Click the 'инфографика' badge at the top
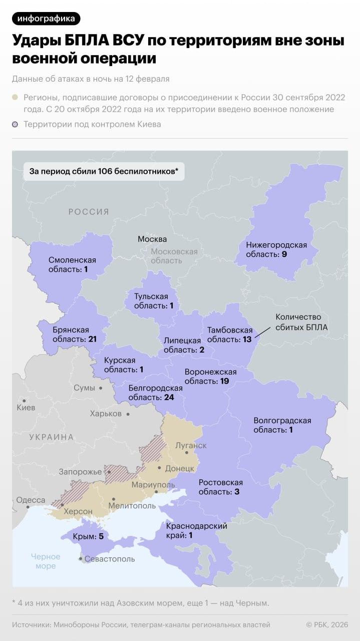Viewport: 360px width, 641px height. [x=46, y=19]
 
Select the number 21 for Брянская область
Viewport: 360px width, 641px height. [x=92, y=339]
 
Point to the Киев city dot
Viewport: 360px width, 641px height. [x=24, y=400]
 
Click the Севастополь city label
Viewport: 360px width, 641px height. [x=110, y=558]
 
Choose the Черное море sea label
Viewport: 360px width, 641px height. [x=46, y=561]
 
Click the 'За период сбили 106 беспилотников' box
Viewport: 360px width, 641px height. [x=104, y=171]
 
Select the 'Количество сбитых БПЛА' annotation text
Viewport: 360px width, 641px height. [x=298, y=322]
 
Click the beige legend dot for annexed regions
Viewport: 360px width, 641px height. [x=15, y=98]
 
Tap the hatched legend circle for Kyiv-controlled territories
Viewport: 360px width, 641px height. [x=15, y=124]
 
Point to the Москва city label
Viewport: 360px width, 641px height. [x=152, y=239]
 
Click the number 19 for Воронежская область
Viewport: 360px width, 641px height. [x=224, y=381]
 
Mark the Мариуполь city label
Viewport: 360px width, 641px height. [x=153, y=485]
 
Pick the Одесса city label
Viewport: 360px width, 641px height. [x=31, y=500]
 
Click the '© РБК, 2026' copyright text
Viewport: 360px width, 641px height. [x=327, y=624]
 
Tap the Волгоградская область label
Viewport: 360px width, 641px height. [x=282, y=425]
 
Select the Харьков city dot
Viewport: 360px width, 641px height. [x=128, y=414]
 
